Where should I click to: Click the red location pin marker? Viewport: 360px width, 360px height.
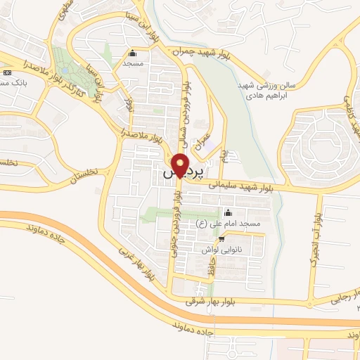coord(180,166)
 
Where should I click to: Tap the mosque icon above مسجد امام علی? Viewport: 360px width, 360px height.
coord(227,212)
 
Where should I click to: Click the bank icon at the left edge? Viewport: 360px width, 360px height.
coord(7,72)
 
